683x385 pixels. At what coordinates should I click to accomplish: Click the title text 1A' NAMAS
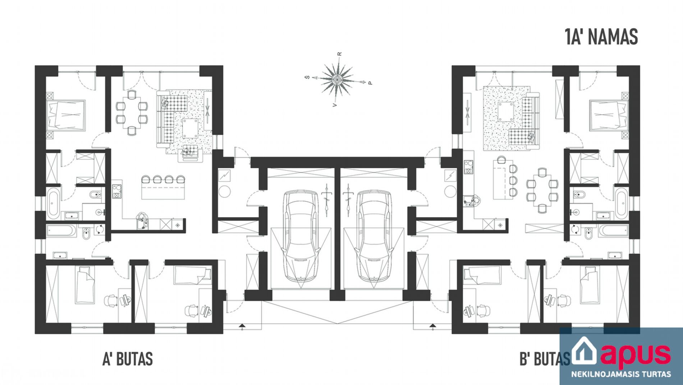[601, 37]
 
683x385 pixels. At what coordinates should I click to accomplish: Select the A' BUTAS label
[128, 359]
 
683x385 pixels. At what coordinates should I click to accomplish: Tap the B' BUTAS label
[545, 359]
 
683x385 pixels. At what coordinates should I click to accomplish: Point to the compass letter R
[339, 54]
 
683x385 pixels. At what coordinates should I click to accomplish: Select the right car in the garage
[373, 237]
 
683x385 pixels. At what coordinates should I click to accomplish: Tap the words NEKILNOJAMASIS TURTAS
[621, 374]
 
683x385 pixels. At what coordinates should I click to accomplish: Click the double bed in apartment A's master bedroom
[67, 114]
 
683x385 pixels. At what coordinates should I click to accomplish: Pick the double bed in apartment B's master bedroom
[609, 114]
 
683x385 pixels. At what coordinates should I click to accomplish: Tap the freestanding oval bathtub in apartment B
[622, 203]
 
